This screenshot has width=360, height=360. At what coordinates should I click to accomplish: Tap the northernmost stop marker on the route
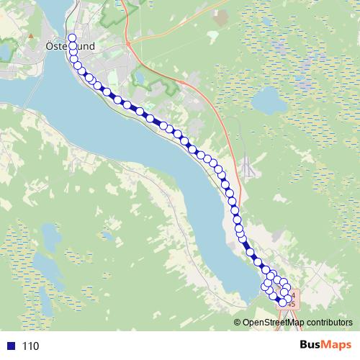coord(71,38)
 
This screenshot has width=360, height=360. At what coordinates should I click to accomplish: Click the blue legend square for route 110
coord(9,346)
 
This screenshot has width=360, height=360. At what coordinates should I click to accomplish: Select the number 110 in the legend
coord(30,346)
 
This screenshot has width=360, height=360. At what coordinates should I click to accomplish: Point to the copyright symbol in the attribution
coord(238,323)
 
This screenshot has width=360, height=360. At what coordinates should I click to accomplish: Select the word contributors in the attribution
coord(330,323)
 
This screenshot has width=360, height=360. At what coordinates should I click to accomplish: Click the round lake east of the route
coord(271,102)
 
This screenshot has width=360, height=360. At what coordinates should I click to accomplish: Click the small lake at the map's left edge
coord(6,50)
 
